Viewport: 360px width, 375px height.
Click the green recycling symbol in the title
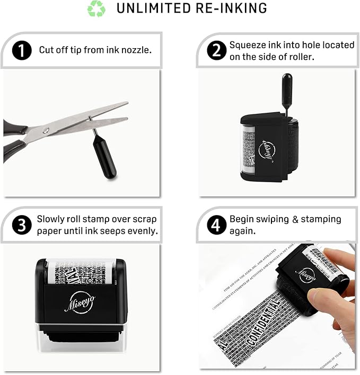pos(96,8)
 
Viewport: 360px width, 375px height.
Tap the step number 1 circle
pos(21,50)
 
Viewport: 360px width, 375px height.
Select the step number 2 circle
pos(215,51)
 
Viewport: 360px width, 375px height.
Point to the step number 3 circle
pos(21,225)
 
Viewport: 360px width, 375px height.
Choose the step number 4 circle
pos(215,225)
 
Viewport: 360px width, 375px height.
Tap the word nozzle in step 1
pos(137,50)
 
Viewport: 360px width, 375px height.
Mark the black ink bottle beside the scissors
pos(105,157)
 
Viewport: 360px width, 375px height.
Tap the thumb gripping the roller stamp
pos(322,298)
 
